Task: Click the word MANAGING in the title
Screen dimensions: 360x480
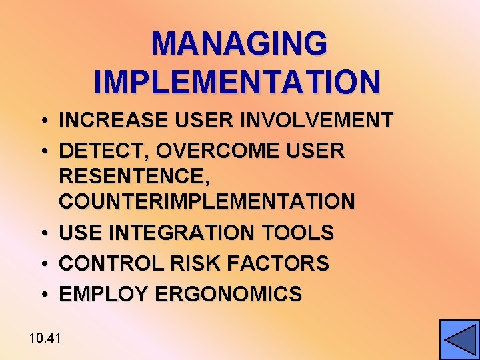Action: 239,45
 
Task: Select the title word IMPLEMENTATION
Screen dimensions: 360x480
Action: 237,81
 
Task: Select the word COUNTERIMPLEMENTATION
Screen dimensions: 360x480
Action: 207,201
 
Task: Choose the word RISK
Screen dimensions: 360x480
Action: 191,263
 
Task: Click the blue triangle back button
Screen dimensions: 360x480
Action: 459,340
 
